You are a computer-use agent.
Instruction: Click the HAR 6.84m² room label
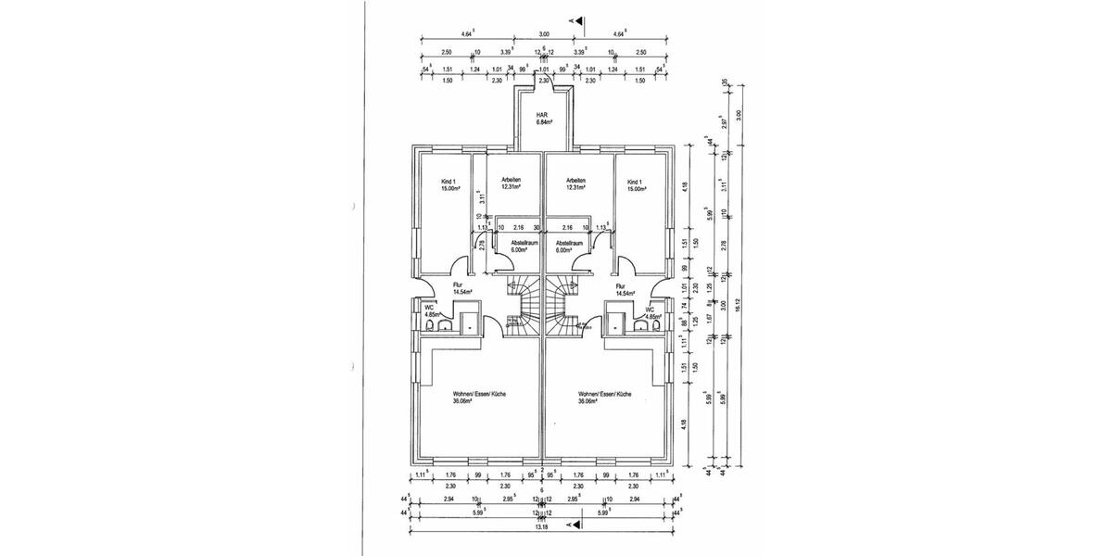544,118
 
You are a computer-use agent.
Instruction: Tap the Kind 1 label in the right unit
635,183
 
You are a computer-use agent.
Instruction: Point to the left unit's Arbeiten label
510,183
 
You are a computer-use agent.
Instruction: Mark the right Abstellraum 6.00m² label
567,246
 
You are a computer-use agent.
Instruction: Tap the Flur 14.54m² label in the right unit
625,288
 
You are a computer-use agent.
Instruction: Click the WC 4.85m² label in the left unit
431,311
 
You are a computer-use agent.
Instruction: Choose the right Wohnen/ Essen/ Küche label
604,397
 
